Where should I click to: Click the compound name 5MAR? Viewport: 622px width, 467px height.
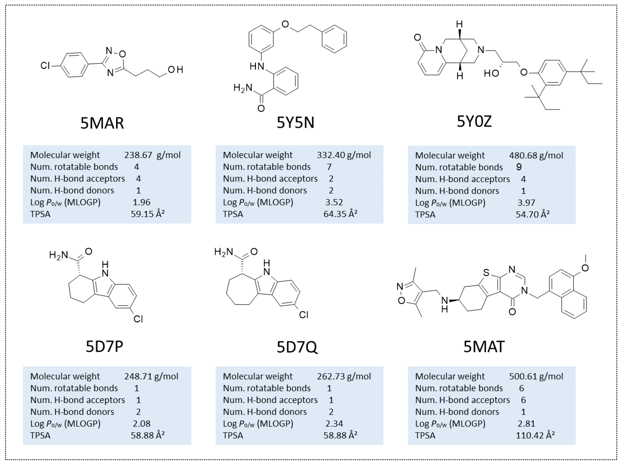tap(102, 123)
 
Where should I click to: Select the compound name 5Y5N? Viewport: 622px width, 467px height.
tap(295, 122)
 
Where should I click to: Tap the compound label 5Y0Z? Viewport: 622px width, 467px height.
tap(474, 121)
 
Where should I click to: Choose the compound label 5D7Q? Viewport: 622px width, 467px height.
tap(297, 347)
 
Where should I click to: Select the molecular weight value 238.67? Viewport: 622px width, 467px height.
tap(138, 155)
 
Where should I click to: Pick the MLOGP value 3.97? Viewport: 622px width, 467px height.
tap(526, 203)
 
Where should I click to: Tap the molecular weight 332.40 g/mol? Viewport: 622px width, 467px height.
tap(344, 155)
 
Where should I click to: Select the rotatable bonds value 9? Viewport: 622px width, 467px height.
tap(519, 167)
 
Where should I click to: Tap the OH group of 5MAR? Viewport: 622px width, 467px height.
tap(175, 70)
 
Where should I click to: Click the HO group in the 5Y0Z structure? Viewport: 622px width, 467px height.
tap(491, 74)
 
